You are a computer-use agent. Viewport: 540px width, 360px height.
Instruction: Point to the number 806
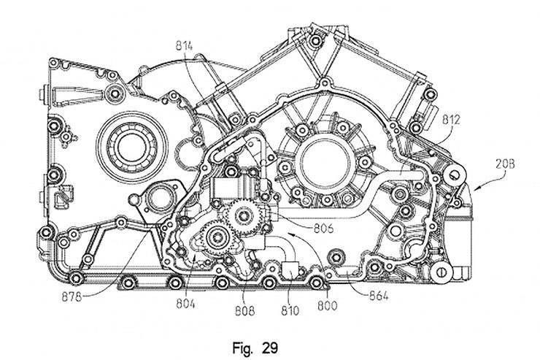click(x=322, y=228)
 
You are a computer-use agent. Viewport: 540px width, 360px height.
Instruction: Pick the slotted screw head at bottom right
click(x=442, y=271)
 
